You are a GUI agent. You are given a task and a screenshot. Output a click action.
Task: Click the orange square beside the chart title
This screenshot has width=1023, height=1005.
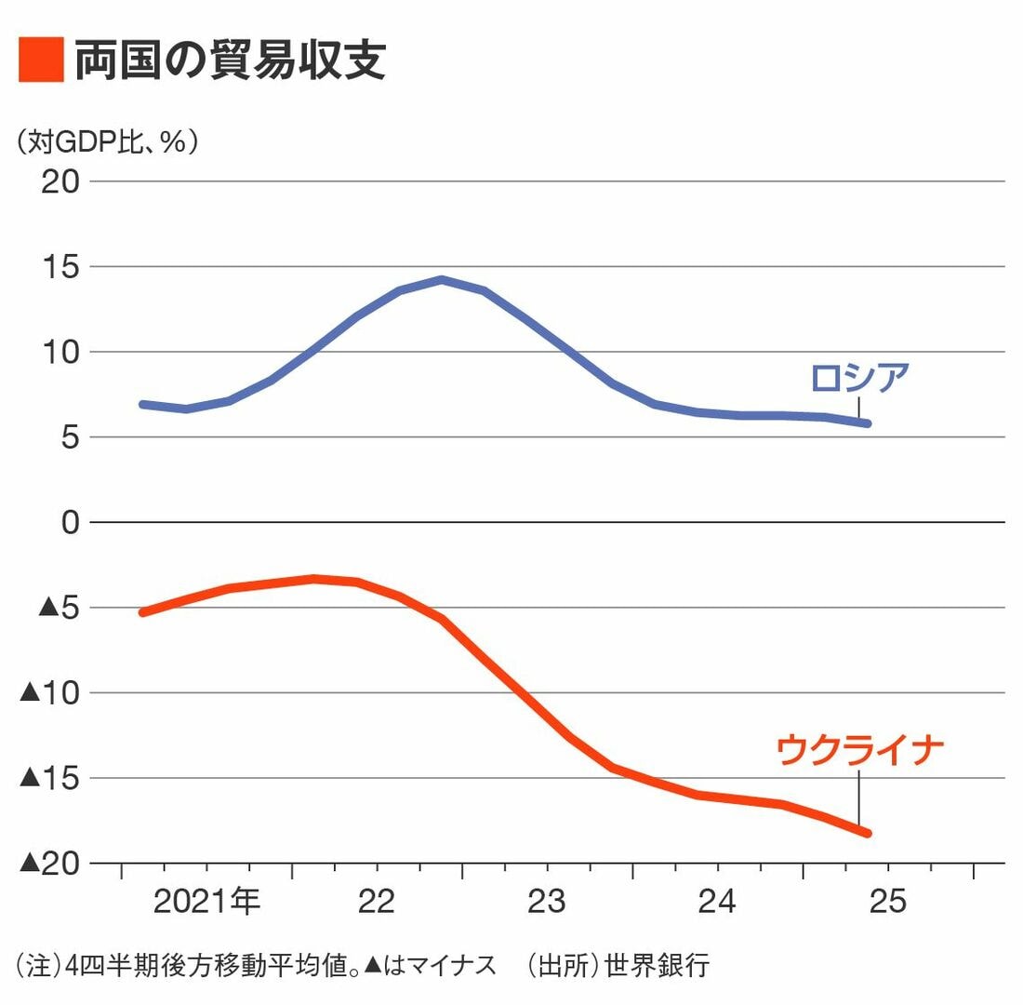pos(41,60)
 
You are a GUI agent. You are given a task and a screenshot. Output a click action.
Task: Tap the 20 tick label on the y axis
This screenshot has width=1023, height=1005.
pos(60,181)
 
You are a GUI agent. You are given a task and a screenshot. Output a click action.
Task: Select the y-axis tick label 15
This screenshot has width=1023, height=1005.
pos(60,267)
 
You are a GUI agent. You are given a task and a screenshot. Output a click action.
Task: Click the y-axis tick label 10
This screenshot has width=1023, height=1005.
pos(60,353)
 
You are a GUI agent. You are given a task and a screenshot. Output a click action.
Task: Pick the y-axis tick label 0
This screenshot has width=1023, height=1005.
pos(71,523)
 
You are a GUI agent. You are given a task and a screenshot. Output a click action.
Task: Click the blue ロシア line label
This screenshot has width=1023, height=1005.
pos(858,379)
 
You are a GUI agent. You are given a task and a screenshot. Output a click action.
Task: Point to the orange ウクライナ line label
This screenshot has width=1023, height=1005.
pos(859,750)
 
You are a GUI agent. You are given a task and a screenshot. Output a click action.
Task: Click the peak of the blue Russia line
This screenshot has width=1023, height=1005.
pos(441,279)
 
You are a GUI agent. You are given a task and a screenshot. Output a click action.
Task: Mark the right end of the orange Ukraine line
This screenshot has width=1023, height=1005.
pos(867,833)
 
